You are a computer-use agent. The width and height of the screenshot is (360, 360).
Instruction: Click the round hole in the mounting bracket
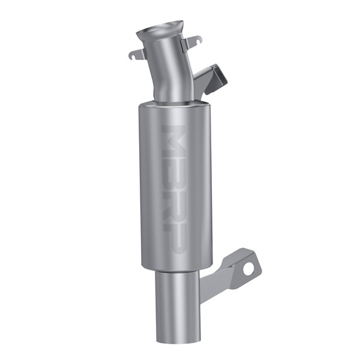248,269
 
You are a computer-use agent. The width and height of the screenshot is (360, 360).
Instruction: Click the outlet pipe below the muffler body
176,306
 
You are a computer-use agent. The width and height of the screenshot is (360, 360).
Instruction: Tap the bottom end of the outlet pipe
177,340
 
